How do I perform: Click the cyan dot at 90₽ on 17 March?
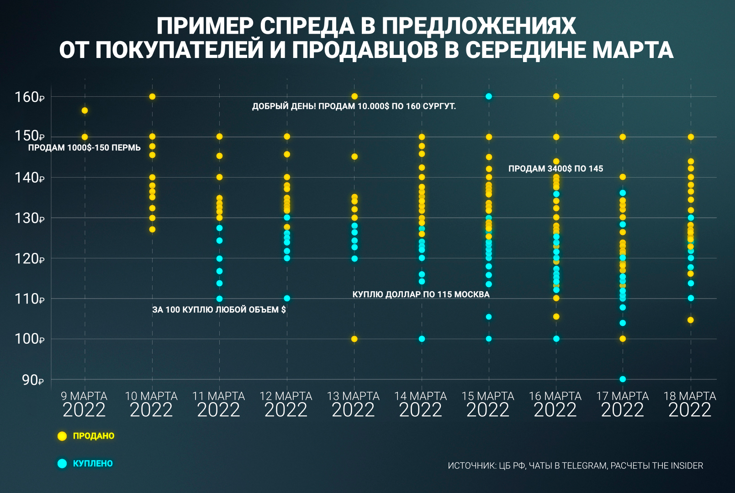(x=623, y=379)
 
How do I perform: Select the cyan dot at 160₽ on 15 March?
(x=489, y=96)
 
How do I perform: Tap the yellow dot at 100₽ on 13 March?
(x=354, y=339)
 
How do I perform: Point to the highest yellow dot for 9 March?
(x=85, y=110)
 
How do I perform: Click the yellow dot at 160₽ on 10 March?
(x=152, y=96)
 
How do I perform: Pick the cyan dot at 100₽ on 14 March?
(x=422, y=339)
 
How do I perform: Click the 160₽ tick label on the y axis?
(x=29, y=97)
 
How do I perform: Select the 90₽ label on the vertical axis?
(x=32, y=380)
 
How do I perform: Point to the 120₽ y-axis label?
(x=29, y=258)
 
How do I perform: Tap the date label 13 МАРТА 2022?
(x=353, y=404)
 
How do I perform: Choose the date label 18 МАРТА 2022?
(x=690, y=404)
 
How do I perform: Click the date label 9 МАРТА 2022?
(x=84, y=404)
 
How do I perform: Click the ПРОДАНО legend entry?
(x=93, y=436)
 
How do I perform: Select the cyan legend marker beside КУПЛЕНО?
(x=62, y=463)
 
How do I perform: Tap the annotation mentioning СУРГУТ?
(x=354, y=106)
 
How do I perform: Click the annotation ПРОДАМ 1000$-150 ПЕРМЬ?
(x=85, y=148)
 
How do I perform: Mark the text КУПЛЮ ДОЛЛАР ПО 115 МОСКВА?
(x=421, y=294)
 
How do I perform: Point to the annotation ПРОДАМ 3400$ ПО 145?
(x=555, y=169)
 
